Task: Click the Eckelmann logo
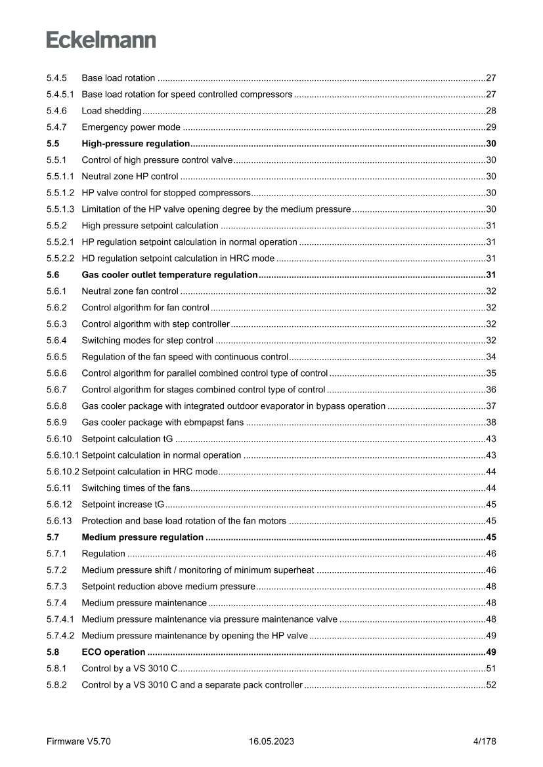click(101, 39)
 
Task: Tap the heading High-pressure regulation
click(135, 143)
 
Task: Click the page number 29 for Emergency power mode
click(490, 127)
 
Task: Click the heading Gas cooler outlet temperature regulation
click(169, 274)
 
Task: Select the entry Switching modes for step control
click(147, 340)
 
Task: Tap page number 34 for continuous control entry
click(490, 357)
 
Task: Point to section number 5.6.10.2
click(63, 472)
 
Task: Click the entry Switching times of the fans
click(136, 488)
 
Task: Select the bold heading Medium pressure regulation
click(142, 537)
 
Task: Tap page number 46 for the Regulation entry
click(490, 554)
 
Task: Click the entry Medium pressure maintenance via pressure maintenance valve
click(209, 619)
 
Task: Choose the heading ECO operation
click(114, 652)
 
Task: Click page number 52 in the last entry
click(490, 685)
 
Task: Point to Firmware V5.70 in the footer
click(79, 741)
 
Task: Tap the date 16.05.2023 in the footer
click(271, 741)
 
